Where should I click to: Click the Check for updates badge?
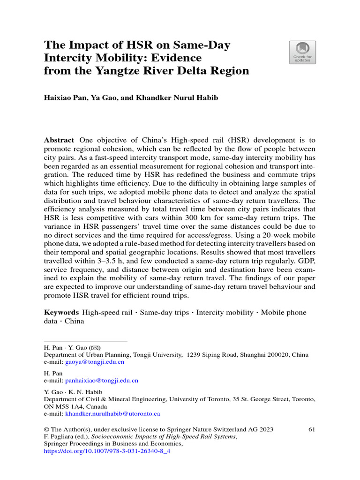coord(303,52)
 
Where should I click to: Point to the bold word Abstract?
coord(59,140)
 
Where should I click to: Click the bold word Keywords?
coord(61,312)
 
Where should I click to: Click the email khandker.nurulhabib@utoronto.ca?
coord(113,414)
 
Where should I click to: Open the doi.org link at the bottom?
coord(107,452)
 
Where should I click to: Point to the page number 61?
coord(313,429)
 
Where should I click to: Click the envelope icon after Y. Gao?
coord(94,348)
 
